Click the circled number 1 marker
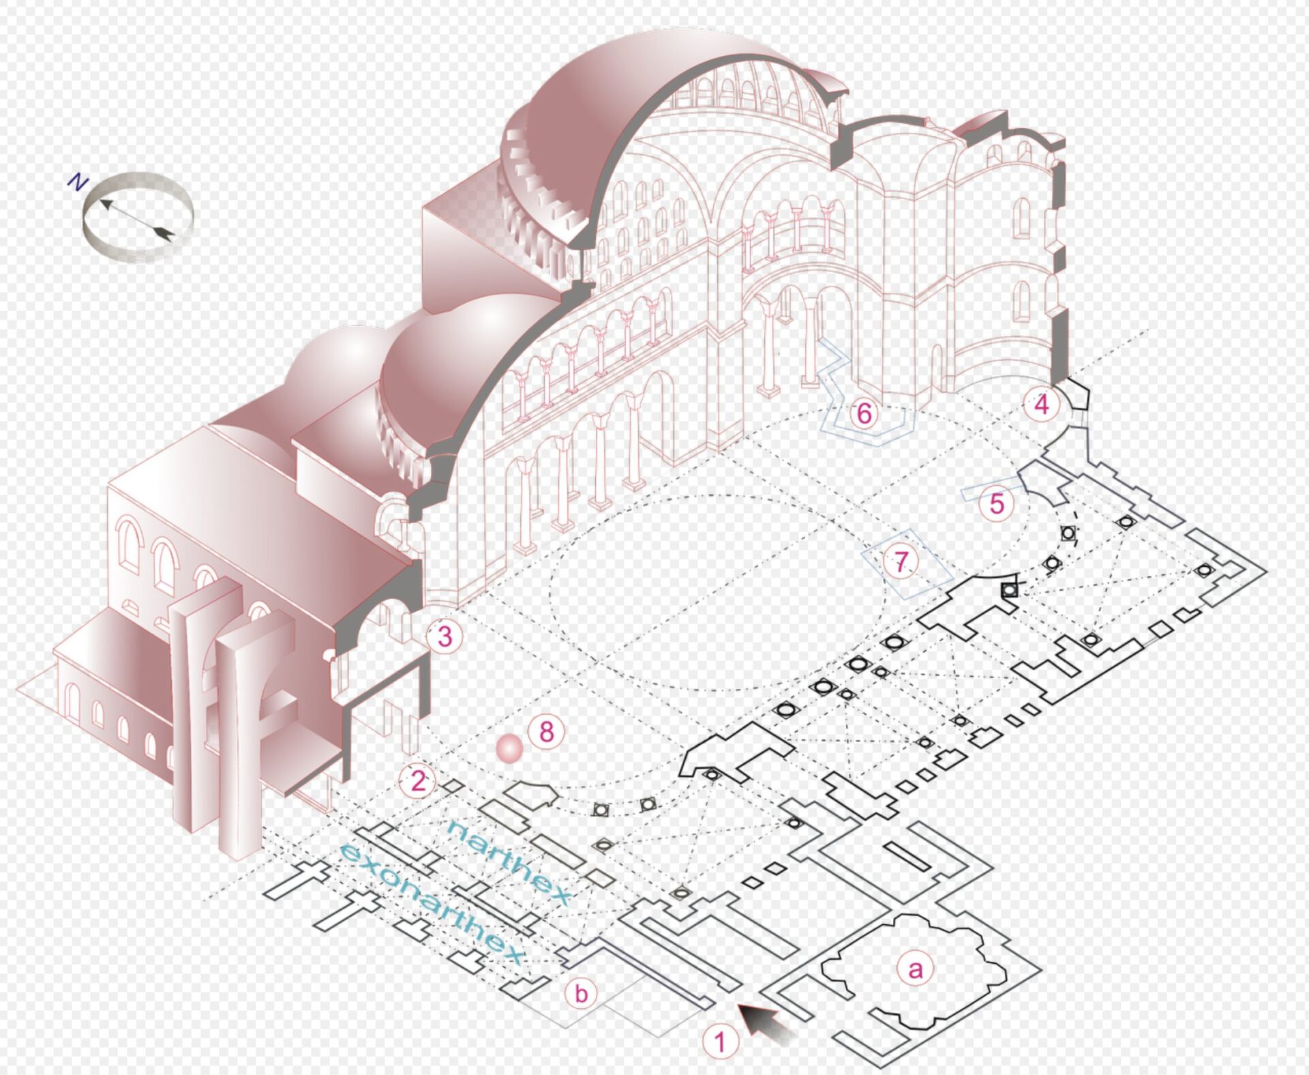click(x=720, y=1042)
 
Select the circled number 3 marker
click(x=445, y=636)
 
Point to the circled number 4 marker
click(x=1042, y=404)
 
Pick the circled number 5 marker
click(x=997, y=504)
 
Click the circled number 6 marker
click(x=864, y=413)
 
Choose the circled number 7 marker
click(x=901, y=561)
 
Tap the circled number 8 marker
click(x=546, y=732)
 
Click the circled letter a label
click(x=915, y=969)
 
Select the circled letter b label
click(x=581, y=993)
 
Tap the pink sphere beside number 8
click(x=509, y=749)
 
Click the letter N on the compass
click(x=78, y=182)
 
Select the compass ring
click(x=138, y=217)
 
